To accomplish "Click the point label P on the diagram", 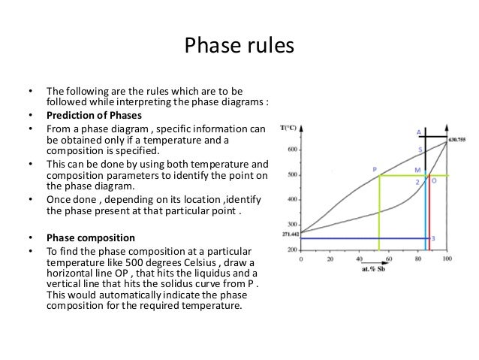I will tap(374, 170).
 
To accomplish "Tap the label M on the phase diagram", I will tap(417, 171).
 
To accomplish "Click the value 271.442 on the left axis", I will tap(288, 234).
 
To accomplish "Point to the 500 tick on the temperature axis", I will tap(292, 176).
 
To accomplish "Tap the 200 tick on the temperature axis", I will tap(292, 250).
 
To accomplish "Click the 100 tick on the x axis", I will tap(447, 259).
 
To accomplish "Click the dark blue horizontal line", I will tap(360, 239).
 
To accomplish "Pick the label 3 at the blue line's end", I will tap(433, 238).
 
